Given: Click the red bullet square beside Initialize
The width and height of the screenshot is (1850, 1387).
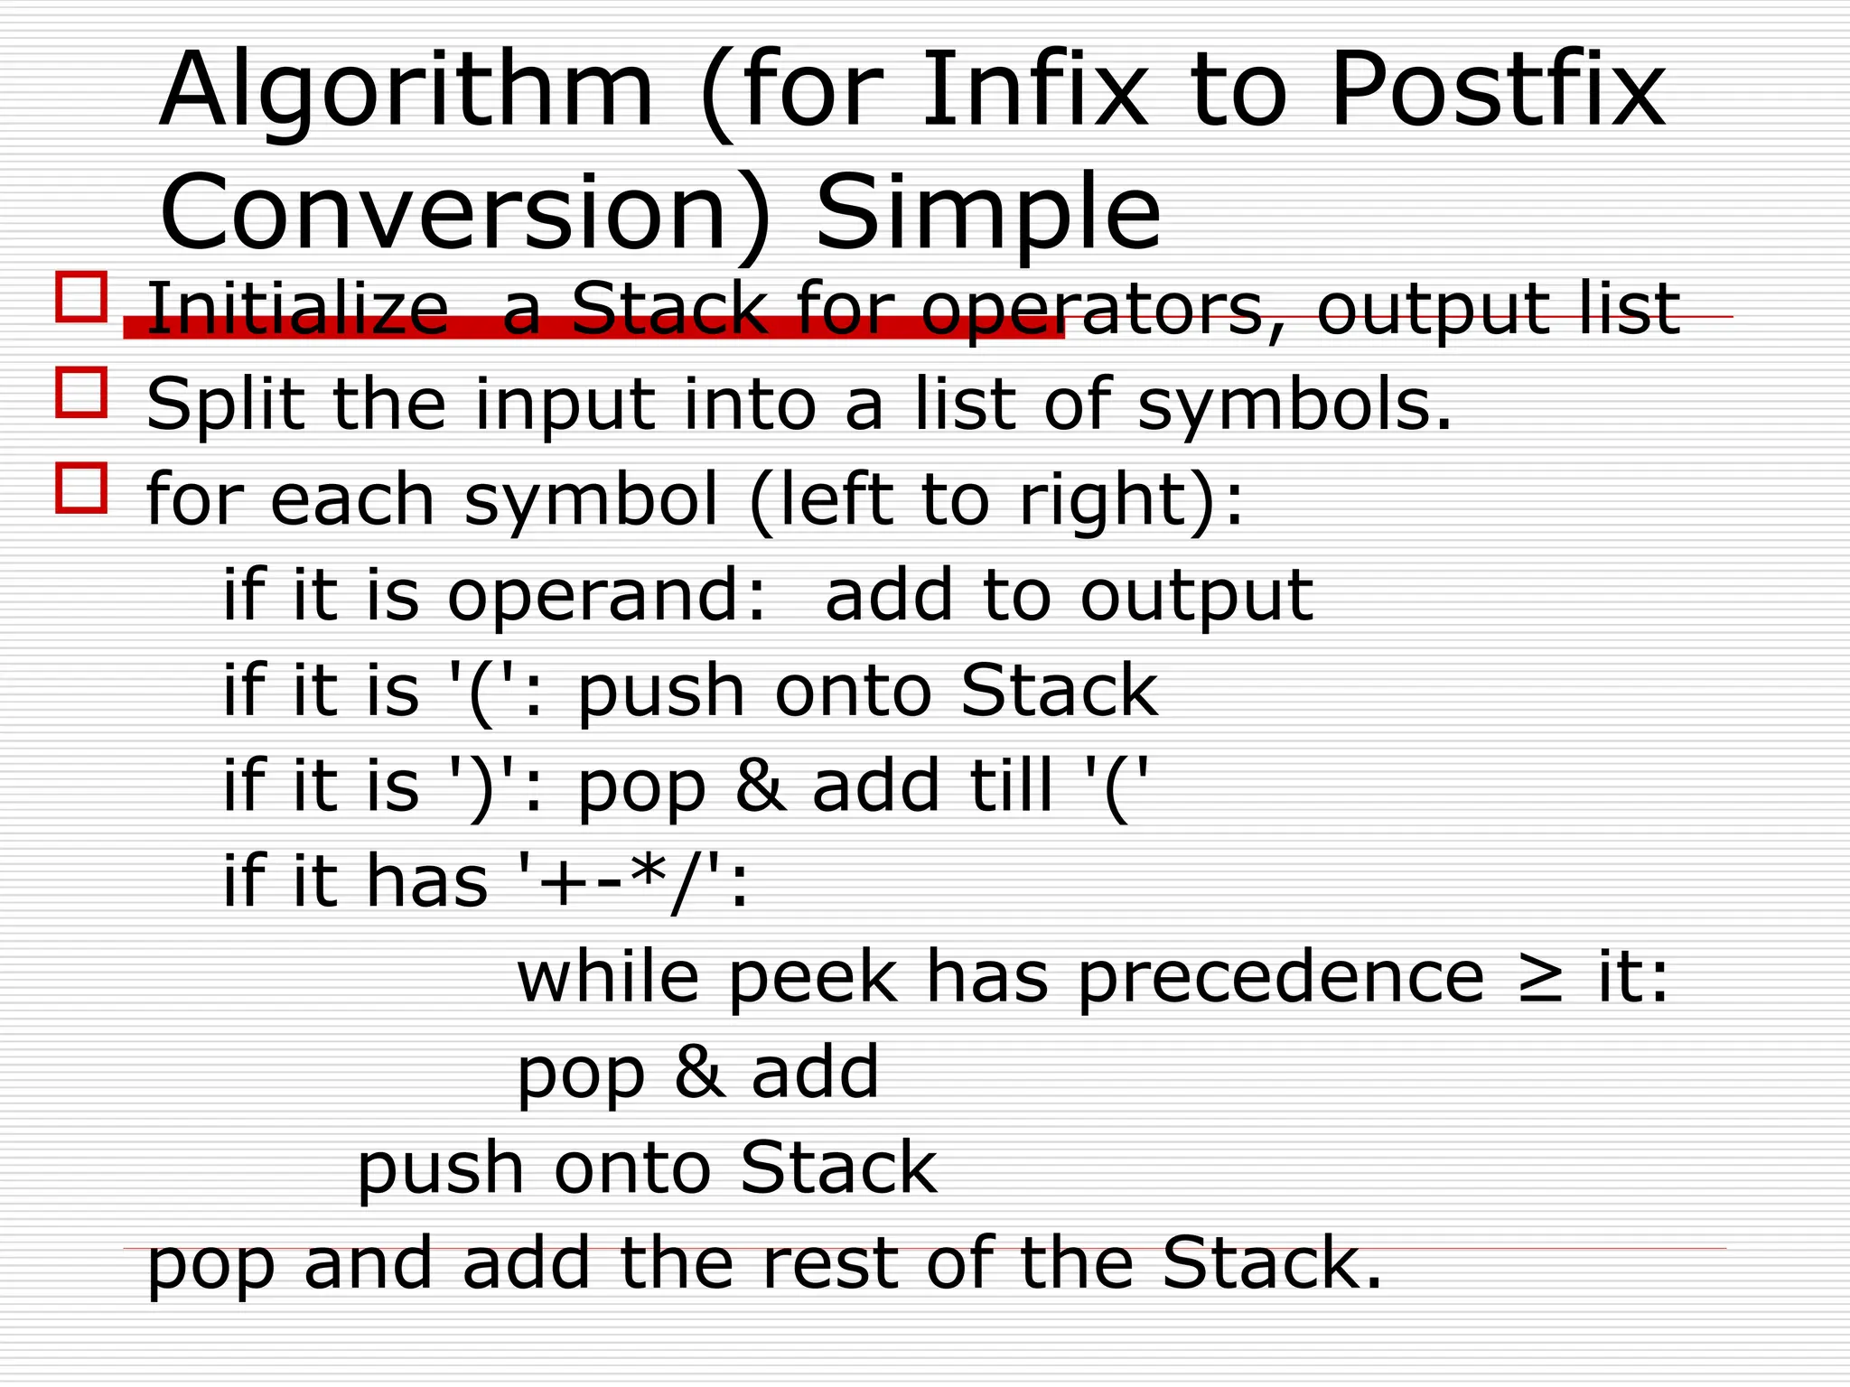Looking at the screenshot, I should (x=81, y=296).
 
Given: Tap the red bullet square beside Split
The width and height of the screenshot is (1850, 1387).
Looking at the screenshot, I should (x=81, y=392).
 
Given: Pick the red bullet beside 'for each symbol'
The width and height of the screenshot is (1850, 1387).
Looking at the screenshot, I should (x=81, y=488).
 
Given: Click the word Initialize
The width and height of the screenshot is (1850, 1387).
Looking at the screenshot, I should (x=297, y=309).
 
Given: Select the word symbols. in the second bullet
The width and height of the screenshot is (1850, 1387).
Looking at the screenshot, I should (x=1294, y=405).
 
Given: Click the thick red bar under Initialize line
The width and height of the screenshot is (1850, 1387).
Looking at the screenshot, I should (x=593, y=328).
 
